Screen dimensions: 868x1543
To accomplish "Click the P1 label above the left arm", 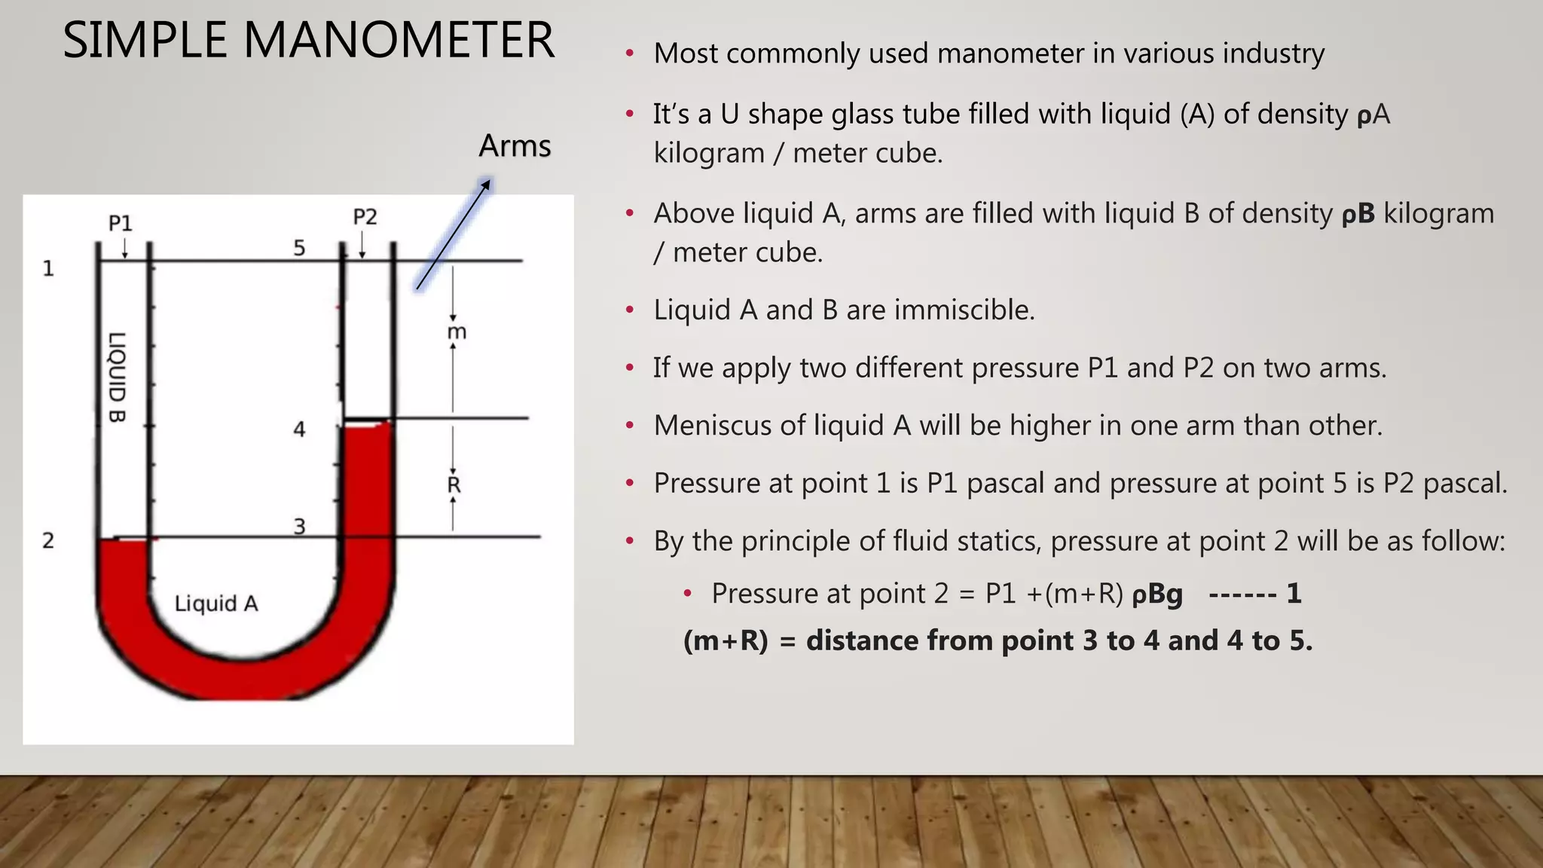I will point(121,223).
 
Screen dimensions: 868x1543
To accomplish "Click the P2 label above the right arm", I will point(365,217).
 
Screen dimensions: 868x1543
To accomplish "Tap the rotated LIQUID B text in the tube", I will point(118,377).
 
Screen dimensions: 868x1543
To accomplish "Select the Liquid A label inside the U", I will point(216,604).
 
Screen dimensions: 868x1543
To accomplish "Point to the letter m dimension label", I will point(457,332).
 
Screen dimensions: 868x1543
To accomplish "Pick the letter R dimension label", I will point(454,484).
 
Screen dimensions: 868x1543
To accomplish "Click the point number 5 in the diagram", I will point(299,248).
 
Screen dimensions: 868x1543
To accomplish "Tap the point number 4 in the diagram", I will point(299,429).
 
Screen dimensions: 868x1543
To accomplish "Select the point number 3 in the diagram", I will point(299,526).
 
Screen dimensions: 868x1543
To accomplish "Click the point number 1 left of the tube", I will point(48,268).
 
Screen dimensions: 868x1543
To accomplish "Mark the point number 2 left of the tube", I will point(48,540).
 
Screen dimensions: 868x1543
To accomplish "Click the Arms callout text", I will point(515,145).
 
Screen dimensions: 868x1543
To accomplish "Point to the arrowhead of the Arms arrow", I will point(486,183).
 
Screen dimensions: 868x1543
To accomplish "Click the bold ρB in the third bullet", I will point(1358,214).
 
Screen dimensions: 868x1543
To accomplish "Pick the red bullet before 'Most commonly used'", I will point(630,54).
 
